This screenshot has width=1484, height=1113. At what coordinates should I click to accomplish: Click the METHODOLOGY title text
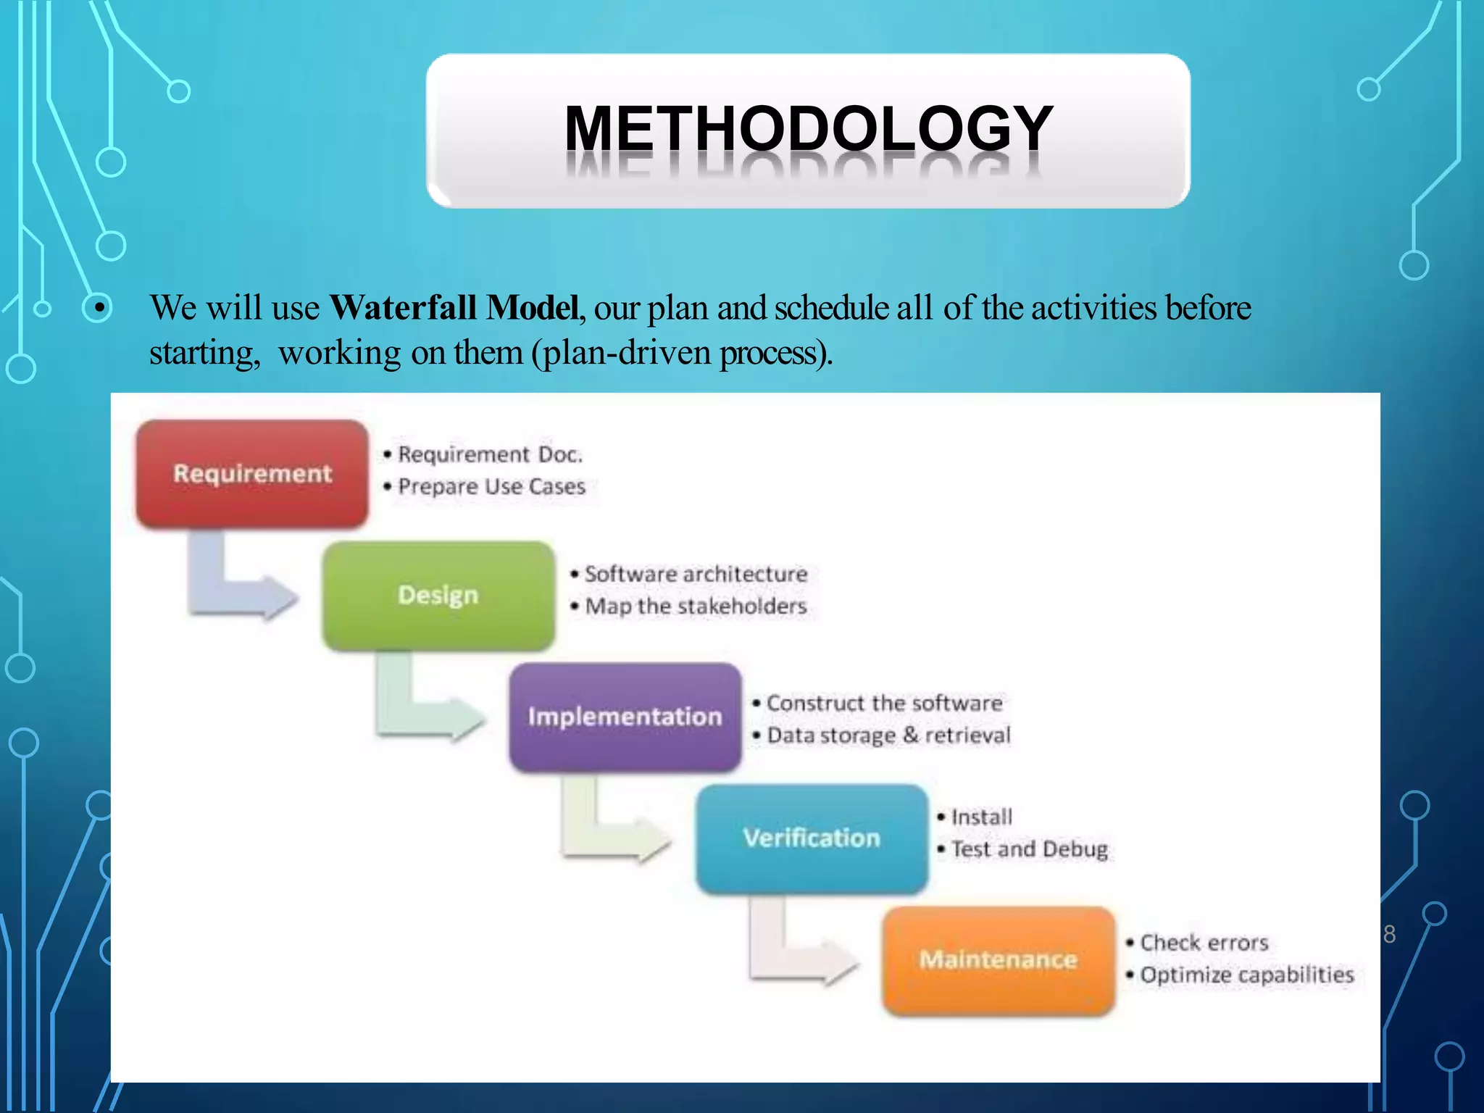[808, 129]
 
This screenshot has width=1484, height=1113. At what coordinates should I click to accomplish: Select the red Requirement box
[252, 474]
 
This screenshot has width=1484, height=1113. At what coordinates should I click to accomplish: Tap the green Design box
[438, 595]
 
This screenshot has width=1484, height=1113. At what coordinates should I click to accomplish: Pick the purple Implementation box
[625, 717]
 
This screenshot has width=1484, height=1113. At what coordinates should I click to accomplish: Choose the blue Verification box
[812, 838]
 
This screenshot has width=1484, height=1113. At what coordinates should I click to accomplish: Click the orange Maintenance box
[998, 959]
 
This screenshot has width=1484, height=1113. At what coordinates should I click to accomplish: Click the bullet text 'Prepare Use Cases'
[491, 486]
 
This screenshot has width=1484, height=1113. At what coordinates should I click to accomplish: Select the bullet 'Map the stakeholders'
[695, 606]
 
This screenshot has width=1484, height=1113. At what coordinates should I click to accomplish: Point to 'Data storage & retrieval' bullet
[888, 735]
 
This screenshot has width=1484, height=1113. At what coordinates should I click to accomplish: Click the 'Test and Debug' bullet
[1029, 849]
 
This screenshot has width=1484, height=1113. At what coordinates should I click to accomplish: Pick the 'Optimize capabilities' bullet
[1246, 975]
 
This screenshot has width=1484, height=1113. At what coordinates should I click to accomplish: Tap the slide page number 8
[1389, 935]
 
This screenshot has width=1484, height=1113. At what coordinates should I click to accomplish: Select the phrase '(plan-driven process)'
[682, 354]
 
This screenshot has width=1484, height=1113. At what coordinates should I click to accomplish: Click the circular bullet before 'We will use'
[96, 309]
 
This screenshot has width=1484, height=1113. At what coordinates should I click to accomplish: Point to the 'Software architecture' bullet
[696, 574]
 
